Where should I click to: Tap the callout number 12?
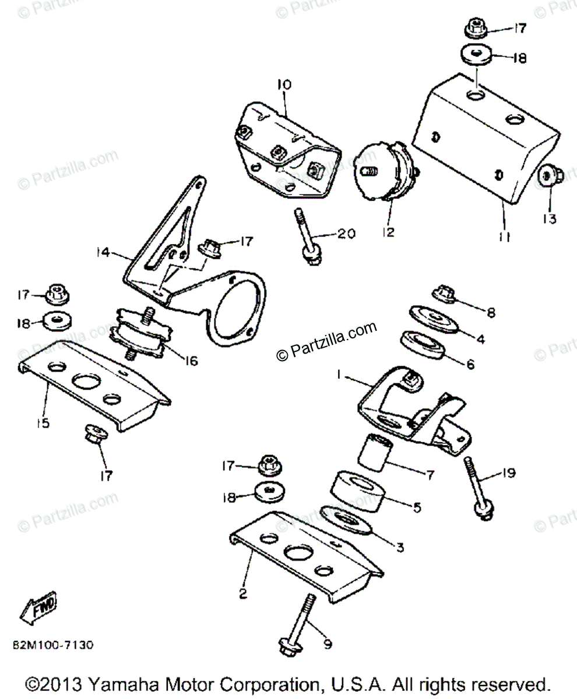389,232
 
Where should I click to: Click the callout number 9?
328,644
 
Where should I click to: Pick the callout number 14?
104,252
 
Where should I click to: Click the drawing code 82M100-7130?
52,645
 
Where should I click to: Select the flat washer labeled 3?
346,518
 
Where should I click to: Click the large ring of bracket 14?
233,312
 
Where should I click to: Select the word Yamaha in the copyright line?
124,683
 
